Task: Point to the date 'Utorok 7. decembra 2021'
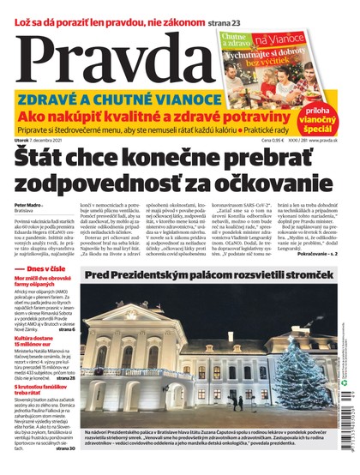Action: coord(56,140)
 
